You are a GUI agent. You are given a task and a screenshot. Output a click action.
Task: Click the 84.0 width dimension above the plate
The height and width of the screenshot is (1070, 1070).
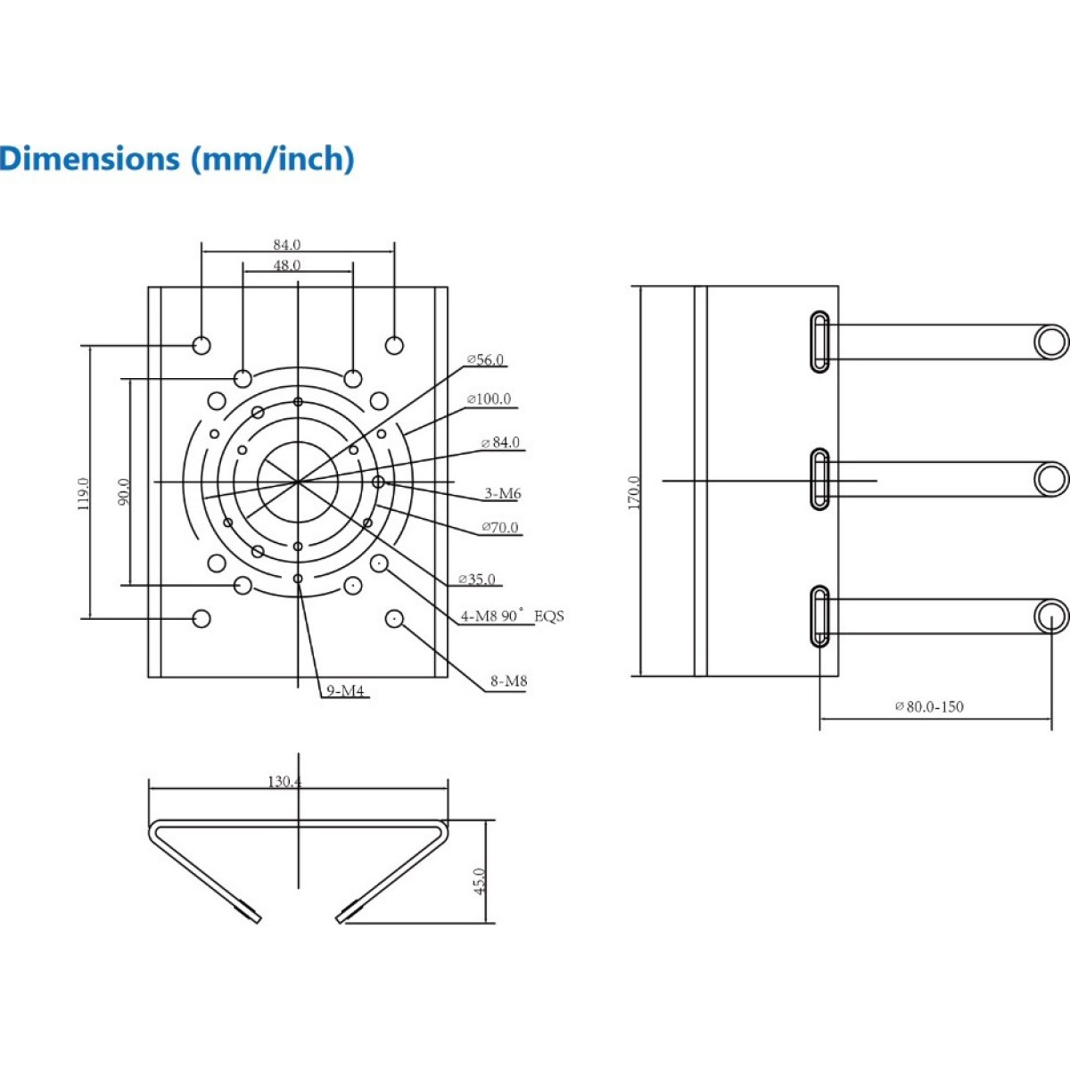(286, 244)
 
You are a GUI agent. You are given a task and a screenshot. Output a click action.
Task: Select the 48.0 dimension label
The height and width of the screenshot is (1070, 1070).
(286, 266)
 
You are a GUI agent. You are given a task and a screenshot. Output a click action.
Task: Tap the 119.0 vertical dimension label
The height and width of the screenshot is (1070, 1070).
(83, 494)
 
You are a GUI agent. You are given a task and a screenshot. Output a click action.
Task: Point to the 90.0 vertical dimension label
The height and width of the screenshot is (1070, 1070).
(124, 491)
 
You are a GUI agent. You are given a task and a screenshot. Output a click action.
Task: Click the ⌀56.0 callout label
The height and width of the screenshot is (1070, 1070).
(485, 360)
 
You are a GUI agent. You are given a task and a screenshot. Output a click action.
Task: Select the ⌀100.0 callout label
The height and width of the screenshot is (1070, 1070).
(489, 399)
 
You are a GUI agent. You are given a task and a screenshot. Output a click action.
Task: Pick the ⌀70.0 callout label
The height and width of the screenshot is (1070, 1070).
(499, 527)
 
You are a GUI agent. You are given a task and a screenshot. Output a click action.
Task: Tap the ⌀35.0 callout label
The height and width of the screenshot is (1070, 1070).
(476, 580)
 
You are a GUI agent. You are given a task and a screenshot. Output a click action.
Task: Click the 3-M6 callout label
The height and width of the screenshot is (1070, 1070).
(503, 493)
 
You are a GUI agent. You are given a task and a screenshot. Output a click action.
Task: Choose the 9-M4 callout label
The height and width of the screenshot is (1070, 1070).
(345, 690)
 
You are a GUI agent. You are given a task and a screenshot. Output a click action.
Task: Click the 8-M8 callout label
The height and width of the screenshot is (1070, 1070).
(508, 680)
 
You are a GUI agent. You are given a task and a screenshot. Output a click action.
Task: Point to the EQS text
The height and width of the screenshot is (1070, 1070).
(548, 616)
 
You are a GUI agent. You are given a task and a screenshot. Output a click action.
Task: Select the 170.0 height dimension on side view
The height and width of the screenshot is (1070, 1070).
(635, 492)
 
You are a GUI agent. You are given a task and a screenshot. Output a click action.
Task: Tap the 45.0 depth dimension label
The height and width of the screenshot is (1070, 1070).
(481, 881)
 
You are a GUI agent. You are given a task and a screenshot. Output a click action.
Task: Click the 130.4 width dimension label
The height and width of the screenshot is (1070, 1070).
(284, 781)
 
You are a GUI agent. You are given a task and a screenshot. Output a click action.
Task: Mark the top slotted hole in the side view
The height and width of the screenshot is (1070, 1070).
(819, 342)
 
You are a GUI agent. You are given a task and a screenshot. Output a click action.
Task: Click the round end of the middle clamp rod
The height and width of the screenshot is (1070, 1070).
(1051, 479)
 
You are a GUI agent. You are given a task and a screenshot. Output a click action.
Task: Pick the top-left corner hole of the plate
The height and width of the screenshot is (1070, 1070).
(202, 345)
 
